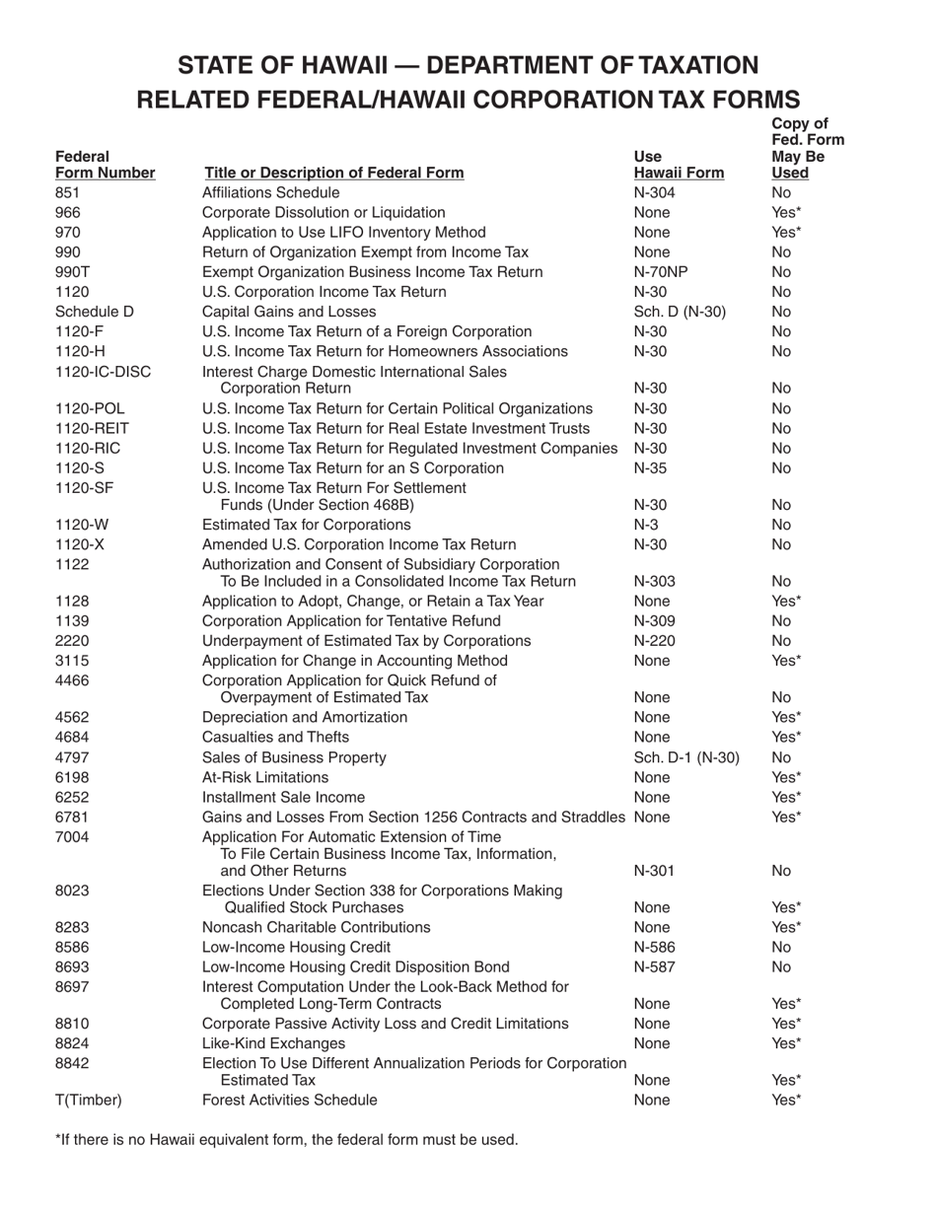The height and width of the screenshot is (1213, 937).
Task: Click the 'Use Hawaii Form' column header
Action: [679, 165]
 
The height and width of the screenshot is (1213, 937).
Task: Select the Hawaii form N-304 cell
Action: [654, 192]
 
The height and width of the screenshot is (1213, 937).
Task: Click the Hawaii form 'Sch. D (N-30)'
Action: [680, 312]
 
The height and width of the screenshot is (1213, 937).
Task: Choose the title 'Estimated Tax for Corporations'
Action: [306, 525]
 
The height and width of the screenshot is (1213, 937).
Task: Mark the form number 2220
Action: [72, 641]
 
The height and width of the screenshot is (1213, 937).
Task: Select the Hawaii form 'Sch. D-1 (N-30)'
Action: [686, 757]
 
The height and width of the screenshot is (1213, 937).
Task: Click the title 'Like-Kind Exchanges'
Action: [273, 1042]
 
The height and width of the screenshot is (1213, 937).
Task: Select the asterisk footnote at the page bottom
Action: [286, 1140]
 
